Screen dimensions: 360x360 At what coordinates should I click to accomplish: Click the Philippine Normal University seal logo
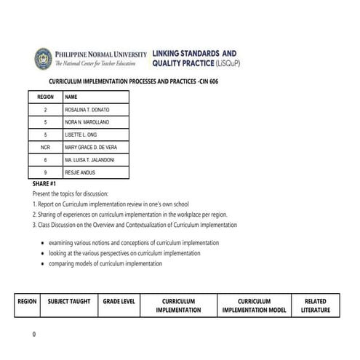point(43,58)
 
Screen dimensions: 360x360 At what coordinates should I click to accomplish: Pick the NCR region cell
point(45,147)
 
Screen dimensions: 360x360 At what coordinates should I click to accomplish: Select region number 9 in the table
point(45,172)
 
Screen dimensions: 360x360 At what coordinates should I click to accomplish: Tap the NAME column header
point(71,96)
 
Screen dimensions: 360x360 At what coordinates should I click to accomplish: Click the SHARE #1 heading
point(44,184)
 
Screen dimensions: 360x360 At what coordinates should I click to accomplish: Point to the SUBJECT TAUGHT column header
point(69,301)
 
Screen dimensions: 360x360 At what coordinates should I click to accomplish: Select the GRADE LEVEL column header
point(118,301)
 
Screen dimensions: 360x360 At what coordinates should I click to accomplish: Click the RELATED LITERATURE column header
point(315,305)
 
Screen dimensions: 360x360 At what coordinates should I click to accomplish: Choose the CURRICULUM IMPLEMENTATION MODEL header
point(254,305)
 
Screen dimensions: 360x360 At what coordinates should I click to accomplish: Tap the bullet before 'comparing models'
point(41,264)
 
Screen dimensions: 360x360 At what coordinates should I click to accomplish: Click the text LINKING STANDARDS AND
point(194,54)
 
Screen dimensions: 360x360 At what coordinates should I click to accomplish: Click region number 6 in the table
point(45,159)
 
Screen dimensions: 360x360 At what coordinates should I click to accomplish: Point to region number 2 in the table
point(45,109)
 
